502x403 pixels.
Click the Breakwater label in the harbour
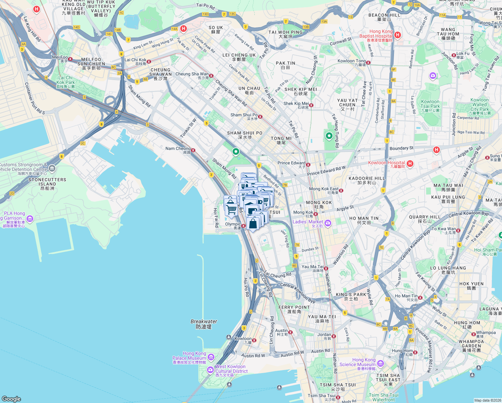pyautogui.click(x=204, y=324)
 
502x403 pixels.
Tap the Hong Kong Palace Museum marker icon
pyautogui.click(x=211, y=357)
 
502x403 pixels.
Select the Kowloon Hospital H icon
pyautogui.click(x=410, y=164)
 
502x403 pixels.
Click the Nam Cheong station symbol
pyautogui.click(x=193, y=150)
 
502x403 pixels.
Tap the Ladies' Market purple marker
pyautogui.click(x=328, y=223)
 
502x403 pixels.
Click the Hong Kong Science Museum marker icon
pyautogui.click(x=380, y=363)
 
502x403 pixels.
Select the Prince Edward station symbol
pyautogui.click(x=308, y=165)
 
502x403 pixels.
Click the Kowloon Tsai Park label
pyautogui.click(x=430, y=106)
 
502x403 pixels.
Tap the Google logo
pyautogui.click(x=11, y=399)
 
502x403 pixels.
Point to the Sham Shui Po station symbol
pyautogui.click(x=260, y=117)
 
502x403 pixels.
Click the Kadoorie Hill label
pyautogui.click(x=366, y=180)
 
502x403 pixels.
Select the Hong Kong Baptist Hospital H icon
pyautogui.click(x=398, y=35)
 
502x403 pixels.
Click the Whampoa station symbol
pyautogui.click(x=473, y=334)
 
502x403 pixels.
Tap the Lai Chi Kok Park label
pyautogui.click(x=65, y=82)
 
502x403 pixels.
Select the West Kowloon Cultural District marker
pyautogui.click(x=210, y=370)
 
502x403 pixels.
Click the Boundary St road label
pyautogui.click(x=402, y=148)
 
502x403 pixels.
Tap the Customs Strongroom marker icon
pyautogui.click(x=52, y=168)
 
